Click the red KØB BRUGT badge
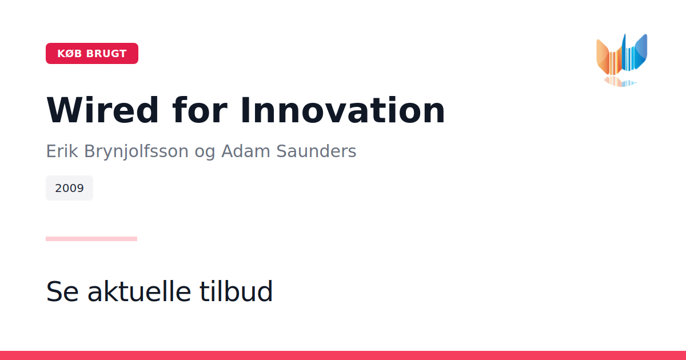click(x=92, y=54)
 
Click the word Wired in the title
click(x=102, y=110)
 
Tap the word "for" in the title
click(x=200, y=110)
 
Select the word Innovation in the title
click(x=342, y=110)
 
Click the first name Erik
click(x=62, y=151)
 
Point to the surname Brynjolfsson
click(x=136, y=152)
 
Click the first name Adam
click(x=246, y=151)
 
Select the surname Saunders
click(x=316, y=151)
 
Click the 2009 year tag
click(x=70, y=188)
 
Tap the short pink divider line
click(x=91, y=239)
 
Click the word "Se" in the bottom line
click(x=62, y=292)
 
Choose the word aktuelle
click(x=139, y=291)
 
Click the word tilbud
click(x=236, y=291)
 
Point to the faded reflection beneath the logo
click(x=620, y=82)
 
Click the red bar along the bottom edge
click(x=343, y=355)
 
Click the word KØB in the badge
click(x=70, y=54)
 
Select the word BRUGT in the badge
click(x=106, y=54)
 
